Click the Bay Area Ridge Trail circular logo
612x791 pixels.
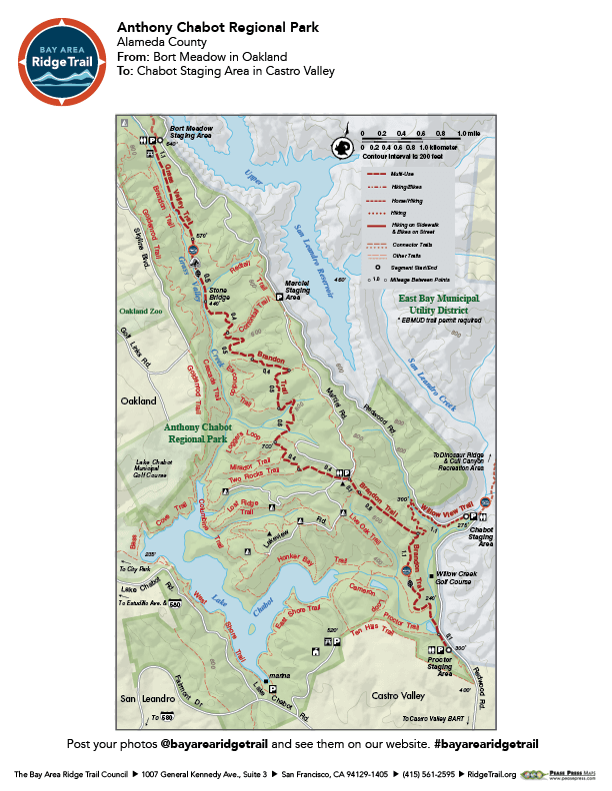coord(61,61)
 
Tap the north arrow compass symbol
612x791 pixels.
coord(343,147)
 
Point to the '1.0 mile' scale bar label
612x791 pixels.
coord(468,133)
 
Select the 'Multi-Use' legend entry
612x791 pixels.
coord(404,173)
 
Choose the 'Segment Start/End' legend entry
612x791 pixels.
coord(412,268)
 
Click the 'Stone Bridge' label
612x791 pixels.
coord(218,295)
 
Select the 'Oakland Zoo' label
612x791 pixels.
coord(134,310)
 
